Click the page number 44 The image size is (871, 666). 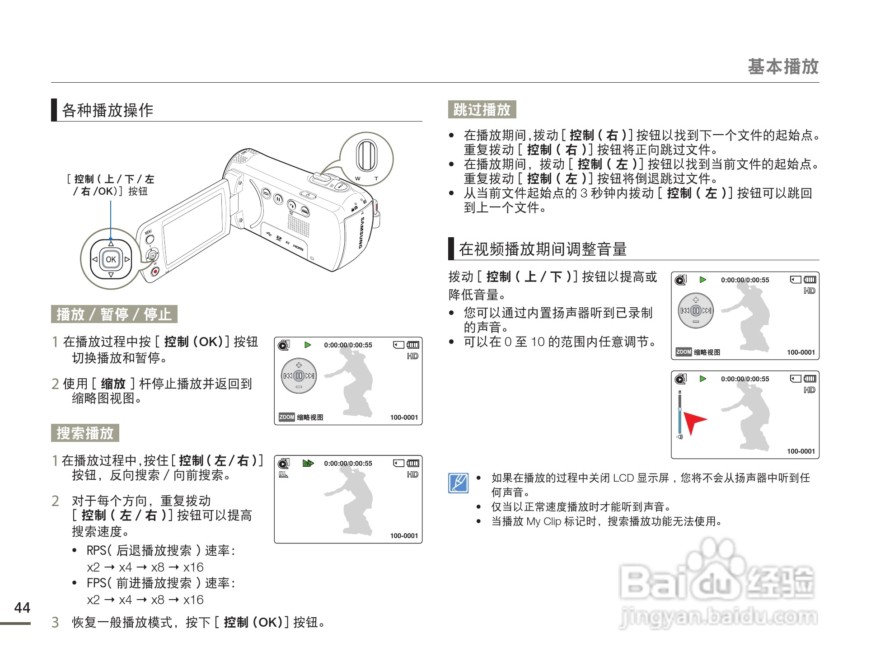[22, 608]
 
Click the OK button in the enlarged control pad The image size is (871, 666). [111, 259]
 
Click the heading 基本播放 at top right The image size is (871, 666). [783, 66]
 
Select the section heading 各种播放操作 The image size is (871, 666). [108, 110]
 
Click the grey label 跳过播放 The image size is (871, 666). [482, 110]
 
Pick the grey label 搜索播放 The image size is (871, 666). [85, 433]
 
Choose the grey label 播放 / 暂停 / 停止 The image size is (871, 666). [114, 314]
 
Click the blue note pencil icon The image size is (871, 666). [458, 483]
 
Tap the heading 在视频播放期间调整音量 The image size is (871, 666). [543, 249]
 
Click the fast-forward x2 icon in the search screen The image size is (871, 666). [308, 463]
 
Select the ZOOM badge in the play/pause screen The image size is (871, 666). [286, 417]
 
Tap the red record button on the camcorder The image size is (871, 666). [155, 272]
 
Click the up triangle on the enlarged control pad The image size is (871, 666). [111, 244]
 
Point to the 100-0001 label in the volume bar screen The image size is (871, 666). [801, 451]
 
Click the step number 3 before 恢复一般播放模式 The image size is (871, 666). [55, 622]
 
